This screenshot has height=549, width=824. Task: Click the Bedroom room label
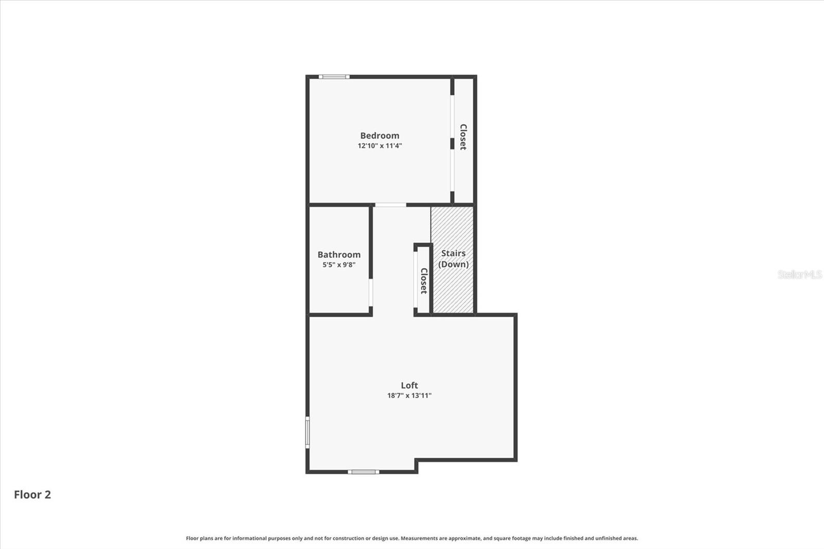pos(380,135)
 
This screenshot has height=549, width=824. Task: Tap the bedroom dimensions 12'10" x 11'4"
pos(380,146)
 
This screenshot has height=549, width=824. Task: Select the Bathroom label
pos(339,254)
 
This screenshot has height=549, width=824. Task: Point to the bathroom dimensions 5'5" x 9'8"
pos(339,265)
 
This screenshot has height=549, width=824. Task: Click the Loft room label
pos(409,385)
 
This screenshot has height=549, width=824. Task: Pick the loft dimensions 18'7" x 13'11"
pos(409,396)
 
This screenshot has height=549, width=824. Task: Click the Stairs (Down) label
pos(453,259)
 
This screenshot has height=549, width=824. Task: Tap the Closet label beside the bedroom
pos(463,137)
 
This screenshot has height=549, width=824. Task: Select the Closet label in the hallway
pos(424,281)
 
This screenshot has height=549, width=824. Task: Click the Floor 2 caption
pos(32,494)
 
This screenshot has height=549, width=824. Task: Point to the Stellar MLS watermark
pos(800,274)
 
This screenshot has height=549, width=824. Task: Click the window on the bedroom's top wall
pos(334,77)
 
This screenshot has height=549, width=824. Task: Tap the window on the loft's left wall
pos(307,433)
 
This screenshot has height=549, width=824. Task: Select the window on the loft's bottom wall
pos(363,472)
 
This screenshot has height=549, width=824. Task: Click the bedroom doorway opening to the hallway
pos(390,205)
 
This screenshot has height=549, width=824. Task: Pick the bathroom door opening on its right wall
pos(370,293)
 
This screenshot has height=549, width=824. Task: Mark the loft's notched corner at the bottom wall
pos(417,460)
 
